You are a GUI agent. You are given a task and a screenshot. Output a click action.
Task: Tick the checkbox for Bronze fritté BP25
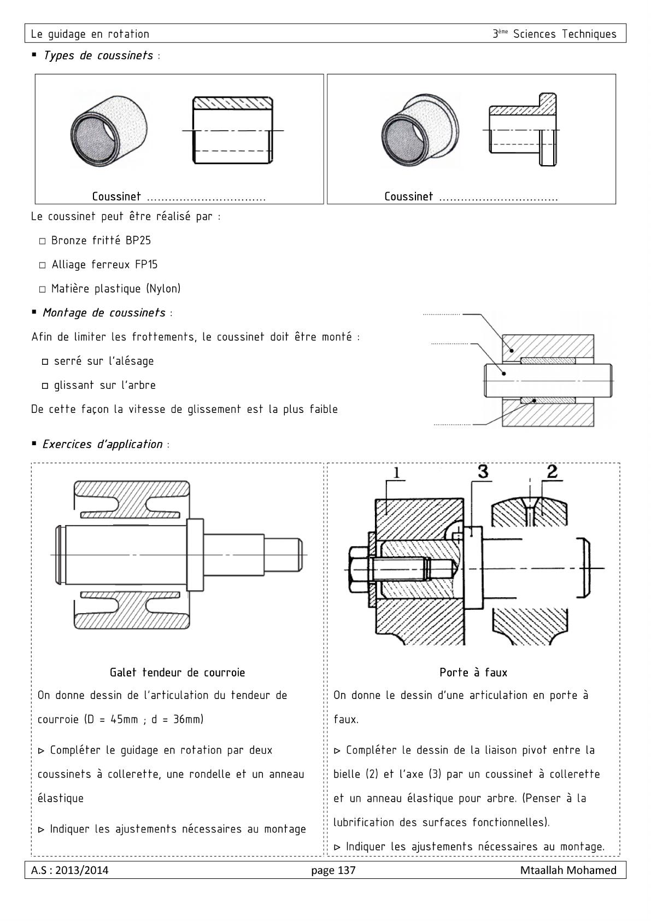click(x=42, y=241)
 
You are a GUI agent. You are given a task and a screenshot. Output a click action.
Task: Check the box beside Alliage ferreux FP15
click(x=42, y=265)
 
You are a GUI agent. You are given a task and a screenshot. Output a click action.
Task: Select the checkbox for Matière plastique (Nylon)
click(x=42, y=289)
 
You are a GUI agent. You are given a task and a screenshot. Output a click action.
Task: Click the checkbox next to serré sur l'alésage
click(x=45, y=362)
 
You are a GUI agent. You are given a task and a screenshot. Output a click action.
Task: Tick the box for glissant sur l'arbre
click(x=45, y=386)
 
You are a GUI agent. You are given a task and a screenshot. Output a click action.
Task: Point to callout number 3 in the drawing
click(x=483, y=471)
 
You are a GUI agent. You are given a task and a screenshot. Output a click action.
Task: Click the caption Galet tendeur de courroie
click(x=177, y=672)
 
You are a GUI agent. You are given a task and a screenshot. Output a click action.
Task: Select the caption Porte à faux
click(x=473, y=672)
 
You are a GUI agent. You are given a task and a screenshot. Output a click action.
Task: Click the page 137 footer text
click(x=333, y=870)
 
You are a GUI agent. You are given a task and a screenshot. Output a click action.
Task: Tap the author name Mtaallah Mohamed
click(x=568, y=870)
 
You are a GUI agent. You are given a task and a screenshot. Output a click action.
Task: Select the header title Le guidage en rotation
click(x=90, y=34)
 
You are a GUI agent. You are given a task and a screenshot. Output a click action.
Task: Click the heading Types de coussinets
click(x=98, y=56)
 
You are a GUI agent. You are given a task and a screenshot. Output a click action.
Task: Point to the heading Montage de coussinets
click(x=104, y=313)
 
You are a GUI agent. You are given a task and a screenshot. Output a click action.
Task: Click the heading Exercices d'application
click(x=102, y=444)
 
